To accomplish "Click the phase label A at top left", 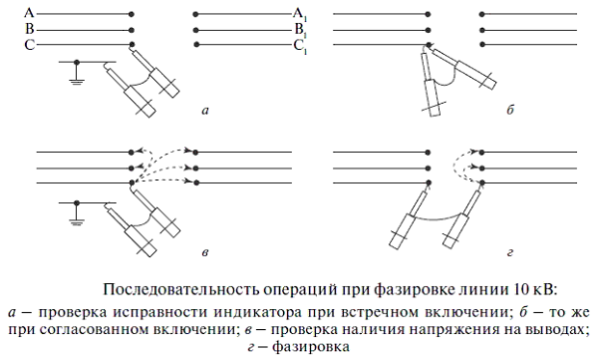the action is click(x=29, y=13).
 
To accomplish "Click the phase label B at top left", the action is click(x=29, y=29).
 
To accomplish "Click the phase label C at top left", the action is click(x=29, y=45).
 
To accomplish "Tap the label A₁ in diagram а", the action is click(x=300, y=14).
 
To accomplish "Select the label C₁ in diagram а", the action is click(x=300, y=47).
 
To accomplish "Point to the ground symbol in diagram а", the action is click(x=77, y=76).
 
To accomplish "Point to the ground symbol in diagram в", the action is click(x=77, y=216).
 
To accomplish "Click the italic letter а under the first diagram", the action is click(x=205, y=111).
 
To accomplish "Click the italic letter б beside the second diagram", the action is click(x=510, y=110).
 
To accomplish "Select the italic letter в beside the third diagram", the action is click(x=204, y=252).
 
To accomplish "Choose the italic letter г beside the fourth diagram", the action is click(x=510, y=252).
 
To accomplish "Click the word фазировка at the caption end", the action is click(x=310, y=347).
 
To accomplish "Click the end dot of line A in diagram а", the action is click(x=132, y=14).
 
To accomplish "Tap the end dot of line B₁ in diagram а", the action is click(x=196, y=30).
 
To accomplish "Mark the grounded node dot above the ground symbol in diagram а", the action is click(x=77, y=62).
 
